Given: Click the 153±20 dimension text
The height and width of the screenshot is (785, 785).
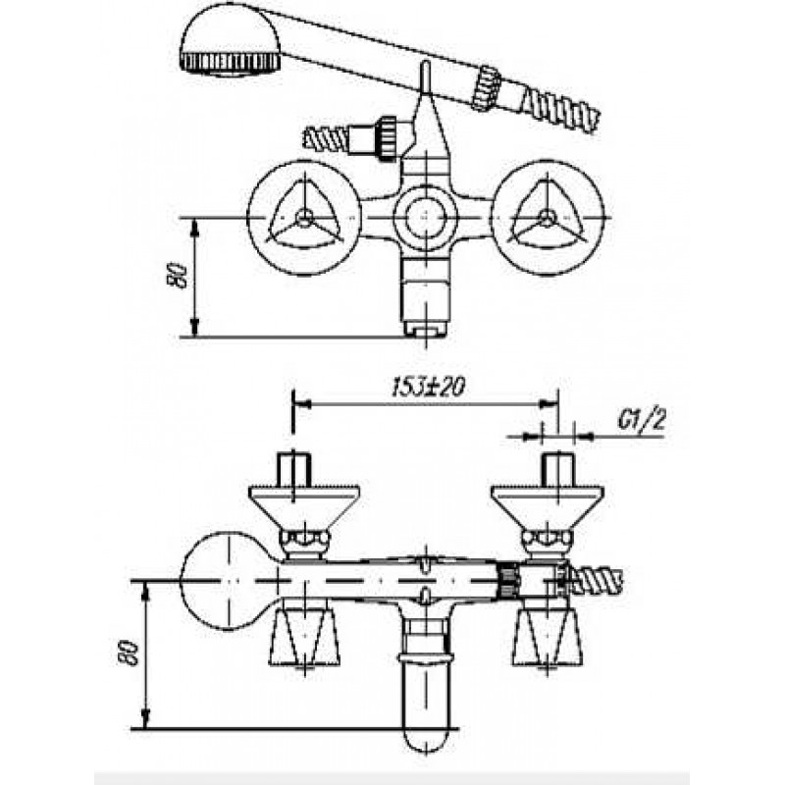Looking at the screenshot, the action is tap(428, 387).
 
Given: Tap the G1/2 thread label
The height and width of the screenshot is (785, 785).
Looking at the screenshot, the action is tap(643, 421).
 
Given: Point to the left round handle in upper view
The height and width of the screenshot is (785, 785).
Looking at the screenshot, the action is tap(304, 218).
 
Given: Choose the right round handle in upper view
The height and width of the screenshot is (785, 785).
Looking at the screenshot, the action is tap(549, 218).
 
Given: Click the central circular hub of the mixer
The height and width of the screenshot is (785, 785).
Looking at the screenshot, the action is tap(425, 218).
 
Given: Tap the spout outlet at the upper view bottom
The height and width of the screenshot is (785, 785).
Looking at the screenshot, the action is tap(425, 328).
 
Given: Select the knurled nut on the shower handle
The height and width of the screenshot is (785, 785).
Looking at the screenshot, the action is tap(486, 86).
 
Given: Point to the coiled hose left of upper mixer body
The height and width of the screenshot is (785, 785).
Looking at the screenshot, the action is tap(328, 137).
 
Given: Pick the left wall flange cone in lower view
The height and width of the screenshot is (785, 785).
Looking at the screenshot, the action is tap(304, 504).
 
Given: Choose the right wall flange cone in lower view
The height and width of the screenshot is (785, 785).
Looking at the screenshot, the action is tap(548, 504).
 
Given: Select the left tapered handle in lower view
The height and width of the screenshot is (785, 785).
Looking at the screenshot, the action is tap(304, 639).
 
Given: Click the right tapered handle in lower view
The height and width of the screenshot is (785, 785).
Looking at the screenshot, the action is tap(548, 639).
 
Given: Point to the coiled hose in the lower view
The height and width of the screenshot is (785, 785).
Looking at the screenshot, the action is tap(597, 581).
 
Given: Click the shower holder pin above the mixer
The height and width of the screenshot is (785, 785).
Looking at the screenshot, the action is tap(425, 79).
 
